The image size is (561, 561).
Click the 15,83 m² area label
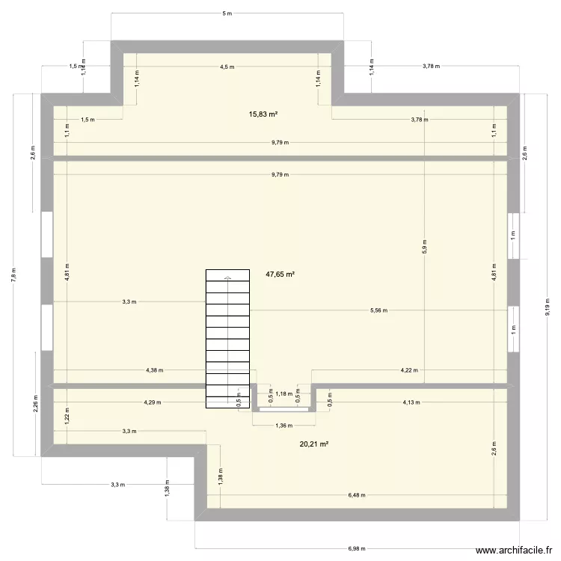tap(263, 114)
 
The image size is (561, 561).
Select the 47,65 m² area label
tap(280, 275)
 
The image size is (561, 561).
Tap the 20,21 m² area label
tap(314, 444)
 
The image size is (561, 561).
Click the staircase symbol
tap(227, 338)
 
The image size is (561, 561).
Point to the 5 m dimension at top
tap(227, 13)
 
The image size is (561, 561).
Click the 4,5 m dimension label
tap(227, 67)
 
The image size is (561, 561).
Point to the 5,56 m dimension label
tap(379, 310)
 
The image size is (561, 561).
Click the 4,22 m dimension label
tap(409, 370)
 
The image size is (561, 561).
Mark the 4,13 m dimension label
tap(411, 402)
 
